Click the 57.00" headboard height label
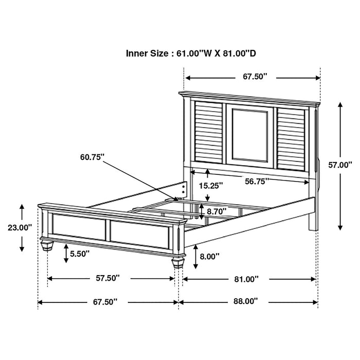pyautogui.click(x=340, y=165)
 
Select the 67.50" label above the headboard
pyautogui.click(x=256, y=77)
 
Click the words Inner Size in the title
pyautogui.click(x=147, y=53)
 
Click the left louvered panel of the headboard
pyautogui.click(x=208, y=135)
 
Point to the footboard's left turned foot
pyautogui.click(x=47, y=245)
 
